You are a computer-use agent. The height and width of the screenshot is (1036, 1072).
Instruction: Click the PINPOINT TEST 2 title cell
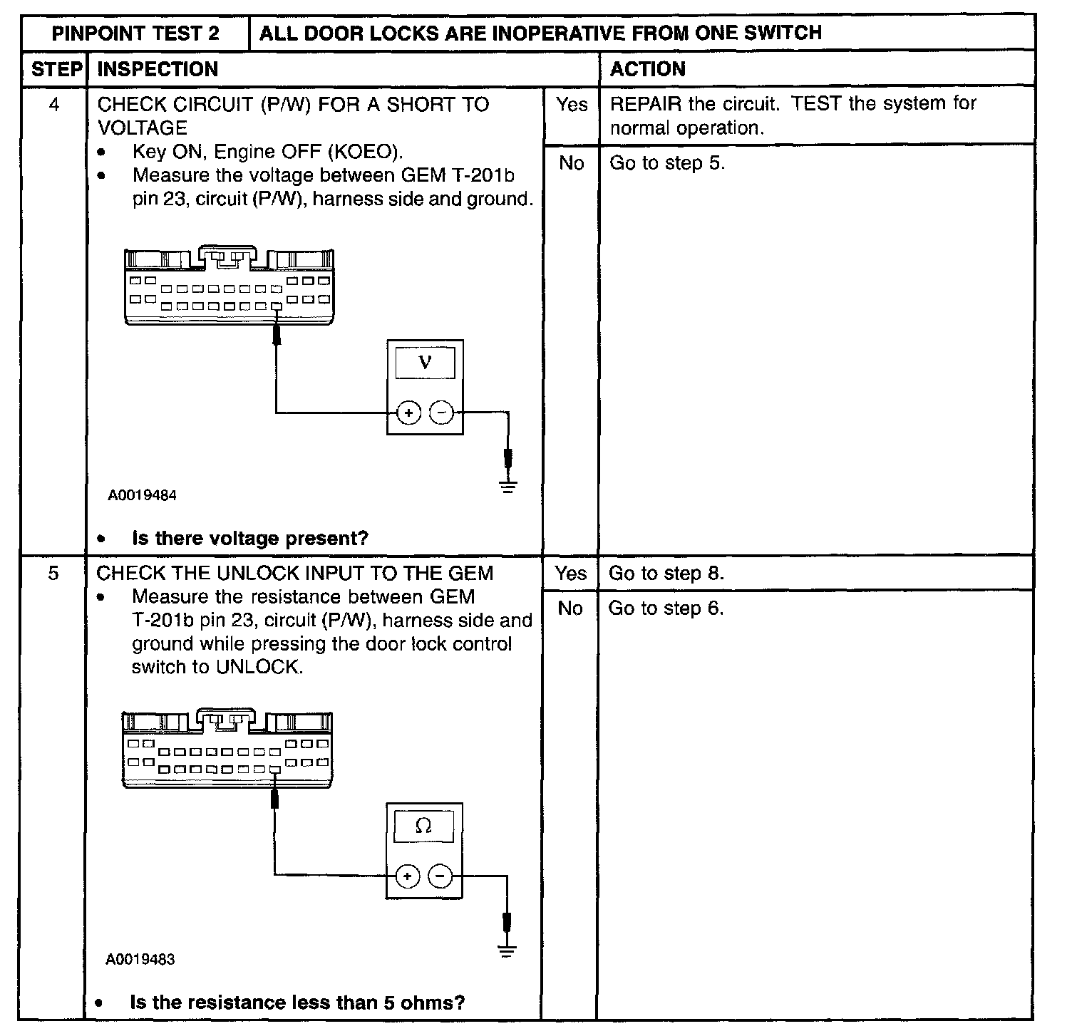135,33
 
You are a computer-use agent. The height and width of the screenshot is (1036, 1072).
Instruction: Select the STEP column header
56,69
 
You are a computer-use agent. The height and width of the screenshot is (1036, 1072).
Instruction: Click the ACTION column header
648,69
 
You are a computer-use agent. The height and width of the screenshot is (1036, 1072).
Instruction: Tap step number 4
54,105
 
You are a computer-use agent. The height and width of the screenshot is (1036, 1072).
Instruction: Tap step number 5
53,574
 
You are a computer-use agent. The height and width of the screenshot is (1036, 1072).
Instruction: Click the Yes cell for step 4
572,105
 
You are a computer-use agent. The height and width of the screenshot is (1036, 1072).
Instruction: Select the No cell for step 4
572,163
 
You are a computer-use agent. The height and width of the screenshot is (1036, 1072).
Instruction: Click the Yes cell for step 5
571,574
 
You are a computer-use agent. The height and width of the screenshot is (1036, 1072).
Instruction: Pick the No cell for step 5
570,608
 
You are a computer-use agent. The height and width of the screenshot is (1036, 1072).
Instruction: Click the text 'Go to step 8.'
666,574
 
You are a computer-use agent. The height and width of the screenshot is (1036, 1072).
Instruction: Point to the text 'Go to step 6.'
666,608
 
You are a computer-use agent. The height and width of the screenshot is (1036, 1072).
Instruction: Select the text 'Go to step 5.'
667,163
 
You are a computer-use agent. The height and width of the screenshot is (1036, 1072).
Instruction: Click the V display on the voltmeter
425,363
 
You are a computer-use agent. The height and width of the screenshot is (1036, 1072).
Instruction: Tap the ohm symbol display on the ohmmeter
423,826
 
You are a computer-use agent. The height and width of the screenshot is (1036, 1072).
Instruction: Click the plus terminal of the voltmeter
408,413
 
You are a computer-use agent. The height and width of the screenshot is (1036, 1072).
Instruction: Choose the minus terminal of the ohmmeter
441,876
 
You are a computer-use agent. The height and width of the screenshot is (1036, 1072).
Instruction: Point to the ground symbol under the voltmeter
507,488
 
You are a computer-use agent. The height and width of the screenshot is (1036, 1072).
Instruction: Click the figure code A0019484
143,495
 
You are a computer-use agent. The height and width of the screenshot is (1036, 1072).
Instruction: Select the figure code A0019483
140,959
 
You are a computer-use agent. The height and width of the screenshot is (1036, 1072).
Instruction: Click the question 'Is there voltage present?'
250,538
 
